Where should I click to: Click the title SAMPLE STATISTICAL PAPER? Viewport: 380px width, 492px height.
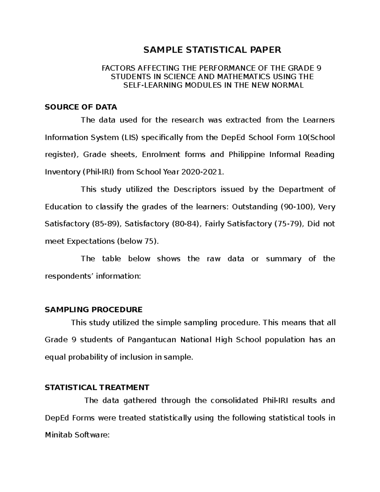click(x=212, y=50)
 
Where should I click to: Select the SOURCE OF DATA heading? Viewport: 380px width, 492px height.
click(x=81, y=107)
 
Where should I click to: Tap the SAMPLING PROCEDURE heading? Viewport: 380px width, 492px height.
click(x=94, y=310)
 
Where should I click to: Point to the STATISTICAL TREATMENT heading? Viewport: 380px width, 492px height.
click(x=97, y=387)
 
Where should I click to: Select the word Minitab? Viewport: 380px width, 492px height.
click(x=58, y=435)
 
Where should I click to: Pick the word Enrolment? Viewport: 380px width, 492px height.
click(x=158, y=155)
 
